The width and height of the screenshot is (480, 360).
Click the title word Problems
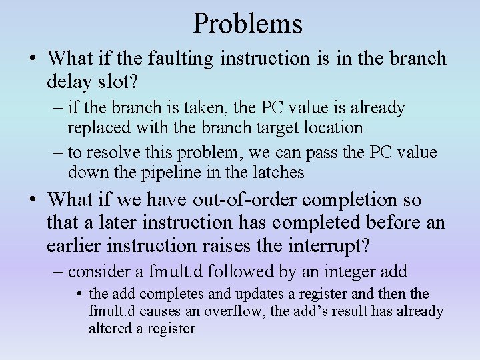(248, 24)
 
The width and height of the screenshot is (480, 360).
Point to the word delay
(67, 82)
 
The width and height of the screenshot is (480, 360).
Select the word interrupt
(326, 245)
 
